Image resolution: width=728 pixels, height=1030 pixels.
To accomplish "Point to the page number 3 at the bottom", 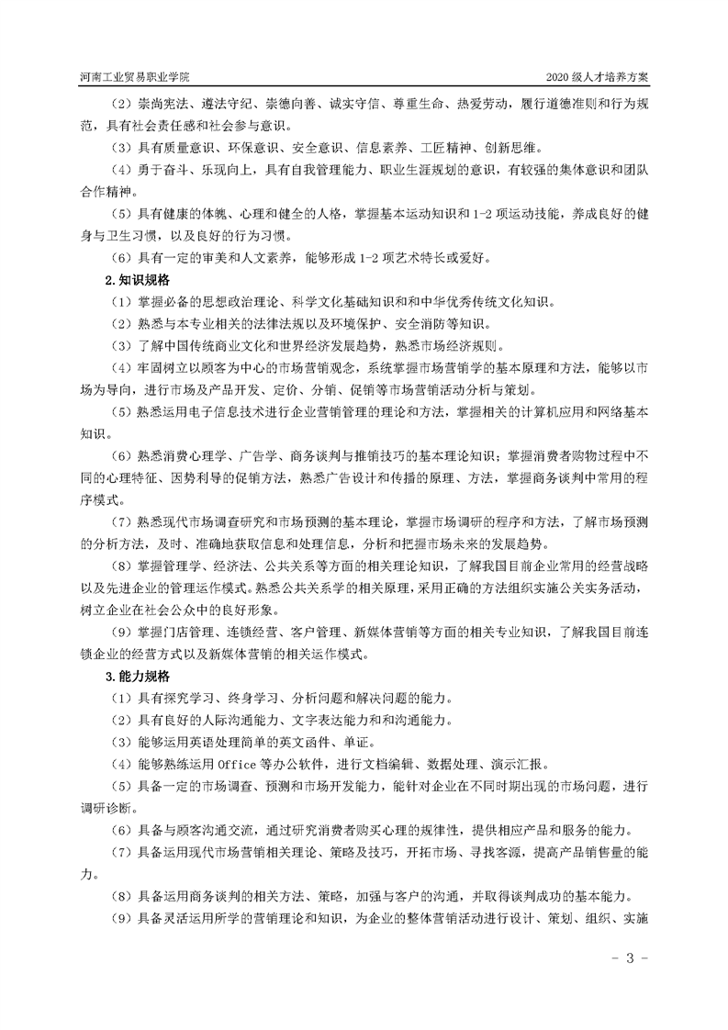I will point(630,960).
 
